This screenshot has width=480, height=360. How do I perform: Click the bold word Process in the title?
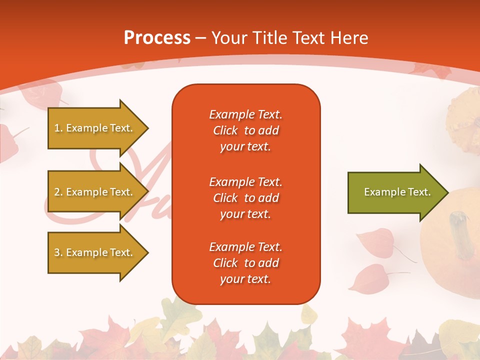(157, 37)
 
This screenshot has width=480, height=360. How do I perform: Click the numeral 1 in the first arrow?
(57, 128)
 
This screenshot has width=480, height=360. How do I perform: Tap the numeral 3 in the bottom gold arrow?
(57, 252)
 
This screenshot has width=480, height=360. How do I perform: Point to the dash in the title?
(201, 38)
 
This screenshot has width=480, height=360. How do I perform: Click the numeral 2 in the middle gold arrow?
(57, 192)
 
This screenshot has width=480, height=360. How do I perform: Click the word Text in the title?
(308, 37)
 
